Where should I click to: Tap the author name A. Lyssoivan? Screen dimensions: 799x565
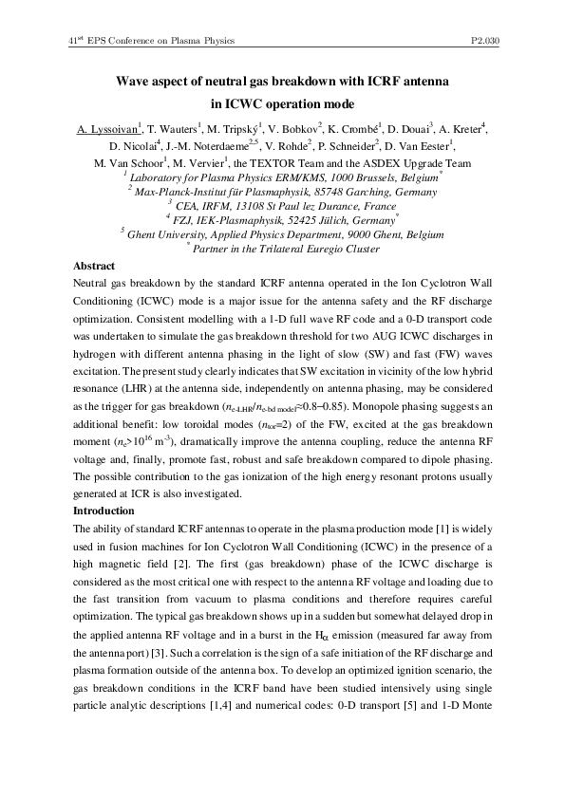(108, 128)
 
